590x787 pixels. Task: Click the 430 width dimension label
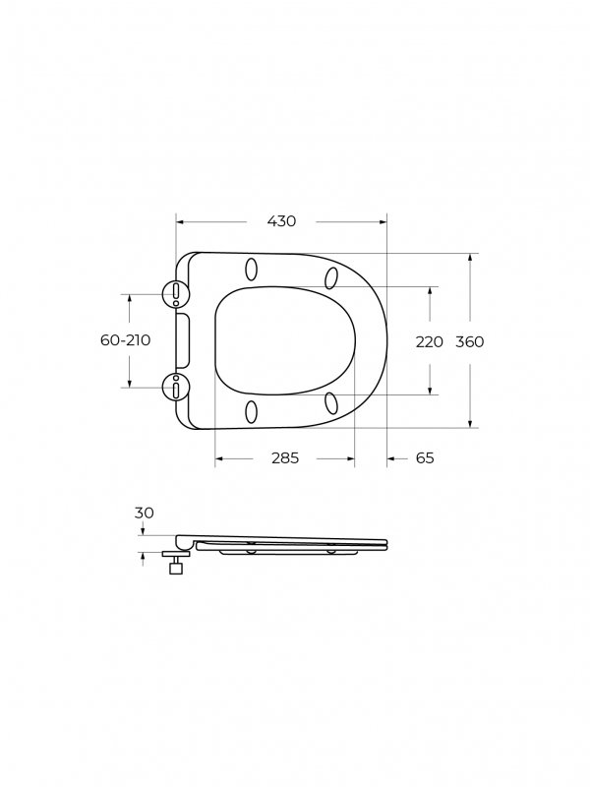tap(281, 220)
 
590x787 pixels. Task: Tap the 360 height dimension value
tap(470, 341)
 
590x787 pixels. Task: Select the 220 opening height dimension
tap(430, 341)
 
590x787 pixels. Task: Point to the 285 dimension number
tap(285, 457)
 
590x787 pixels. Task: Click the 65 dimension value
tap(425, 457)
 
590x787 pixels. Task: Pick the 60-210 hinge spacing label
tap(126, 339)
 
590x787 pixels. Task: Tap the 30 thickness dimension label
tap(144, 513)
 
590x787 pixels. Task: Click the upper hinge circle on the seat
tap(176, 293)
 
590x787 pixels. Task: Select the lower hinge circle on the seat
tap(176, 388)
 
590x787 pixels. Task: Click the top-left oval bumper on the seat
tap(252, 270)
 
